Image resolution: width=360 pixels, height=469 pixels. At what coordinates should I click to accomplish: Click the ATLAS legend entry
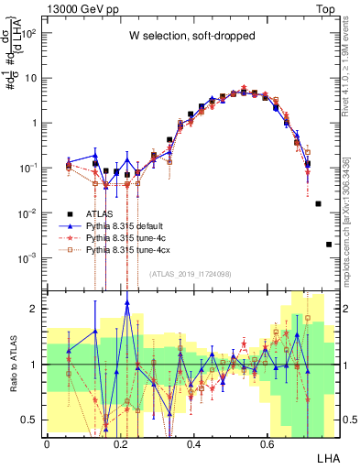coord(97,213)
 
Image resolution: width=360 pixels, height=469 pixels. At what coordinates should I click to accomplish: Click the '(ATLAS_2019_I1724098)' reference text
coord(191,273)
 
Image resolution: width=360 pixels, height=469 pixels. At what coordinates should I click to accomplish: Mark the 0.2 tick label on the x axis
coord(120,443)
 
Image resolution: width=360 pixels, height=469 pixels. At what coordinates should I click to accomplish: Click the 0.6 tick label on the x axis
coord(267,443)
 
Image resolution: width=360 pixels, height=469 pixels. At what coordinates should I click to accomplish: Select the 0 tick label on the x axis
coord(47,443)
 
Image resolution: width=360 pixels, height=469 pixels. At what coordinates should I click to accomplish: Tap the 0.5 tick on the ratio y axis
coord(33,420)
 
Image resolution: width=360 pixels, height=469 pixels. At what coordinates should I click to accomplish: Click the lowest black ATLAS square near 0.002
coord(329,245)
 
